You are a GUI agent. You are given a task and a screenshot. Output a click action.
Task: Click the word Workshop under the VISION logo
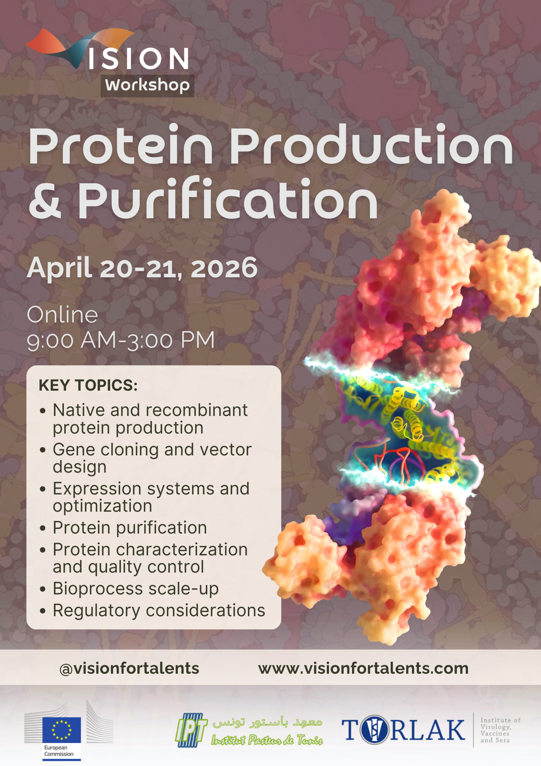tap(147, 85)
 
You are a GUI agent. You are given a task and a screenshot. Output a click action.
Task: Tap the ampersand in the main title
tap(45, 200)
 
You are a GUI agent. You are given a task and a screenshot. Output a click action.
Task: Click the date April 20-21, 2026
tap(142, 268)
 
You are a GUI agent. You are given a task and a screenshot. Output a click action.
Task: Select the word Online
tap(62, 315)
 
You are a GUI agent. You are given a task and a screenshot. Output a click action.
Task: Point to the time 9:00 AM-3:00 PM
tap(121, 340)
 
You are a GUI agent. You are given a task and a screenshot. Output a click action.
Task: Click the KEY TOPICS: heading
tap(88, 385)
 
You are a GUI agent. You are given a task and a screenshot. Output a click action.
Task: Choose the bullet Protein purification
tap(130, 528)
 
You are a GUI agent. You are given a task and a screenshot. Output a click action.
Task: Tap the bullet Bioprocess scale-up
tap(136, 589)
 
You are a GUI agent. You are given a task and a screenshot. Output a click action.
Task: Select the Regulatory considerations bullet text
tap(159, 611)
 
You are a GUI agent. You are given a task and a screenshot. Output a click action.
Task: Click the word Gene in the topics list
tap(74, 450)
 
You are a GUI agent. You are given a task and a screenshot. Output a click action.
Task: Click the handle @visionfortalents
tap(129, 668)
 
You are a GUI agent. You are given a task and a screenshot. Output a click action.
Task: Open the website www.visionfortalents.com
tap(363, 668)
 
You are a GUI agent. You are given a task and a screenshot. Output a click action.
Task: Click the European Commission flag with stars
tap(62, 730)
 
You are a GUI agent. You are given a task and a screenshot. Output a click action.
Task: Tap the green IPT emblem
tap(191, 730)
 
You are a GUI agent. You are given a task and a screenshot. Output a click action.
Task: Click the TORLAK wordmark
tap(403, 730)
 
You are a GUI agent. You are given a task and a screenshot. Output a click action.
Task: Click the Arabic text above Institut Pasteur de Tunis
tap(267, 722)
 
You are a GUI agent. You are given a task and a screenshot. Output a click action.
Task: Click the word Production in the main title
tap(372, 145)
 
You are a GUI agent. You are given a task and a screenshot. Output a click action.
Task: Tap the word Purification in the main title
tap(228, 199)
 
